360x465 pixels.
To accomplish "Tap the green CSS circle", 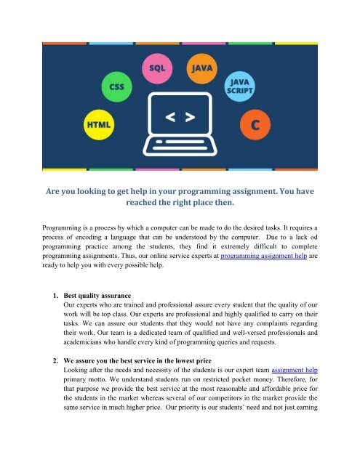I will point(117,86).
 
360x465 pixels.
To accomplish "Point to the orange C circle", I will point(255,124).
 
